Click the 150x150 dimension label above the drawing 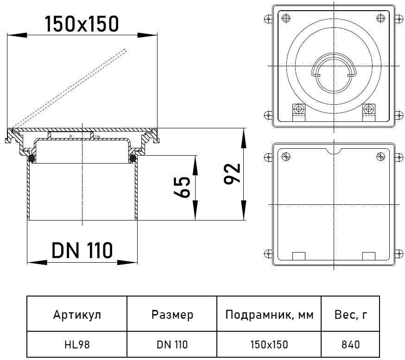click(x=82, y=24)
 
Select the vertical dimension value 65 click(x=183, y=187)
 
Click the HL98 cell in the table click(x=77, y=344)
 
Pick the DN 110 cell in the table click(x=172, y=344)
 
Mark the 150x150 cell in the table click(x=270, y=344)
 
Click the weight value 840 click(x=351, y=344)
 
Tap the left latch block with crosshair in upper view click(x=298, y=110)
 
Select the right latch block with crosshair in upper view click(x=368, y=110)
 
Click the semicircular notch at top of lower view click(x=334, y=151)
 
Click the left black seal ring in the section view click(x=32, y=158)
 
